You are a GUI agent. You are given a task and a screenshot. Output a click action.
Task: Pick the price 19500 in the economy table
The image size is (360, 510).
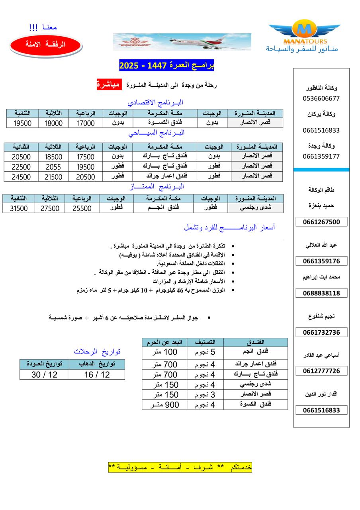(x=23, y=123)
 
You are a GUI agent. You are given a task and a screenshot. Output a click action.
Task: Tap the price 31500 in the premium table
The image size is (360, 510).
(x=19, y=208)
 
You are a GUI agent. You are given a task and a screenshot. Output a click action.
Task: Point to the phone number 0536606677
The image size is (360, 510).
(x=321, y=98)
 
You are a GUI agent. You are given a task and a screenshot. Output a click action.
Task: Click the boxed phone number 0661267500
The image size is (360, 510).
(x=321, y=222)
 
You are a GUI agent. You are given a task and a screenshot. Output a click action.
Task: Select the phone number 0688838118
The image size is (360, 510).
(x=321, y=293)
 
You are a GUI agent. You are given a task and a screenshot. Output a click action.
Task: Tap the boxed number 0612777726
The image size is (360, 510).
(x=321, y=371)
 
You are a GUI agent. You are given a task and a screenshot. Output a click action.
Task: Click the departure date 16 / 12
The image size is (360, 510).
(x=97, y=375)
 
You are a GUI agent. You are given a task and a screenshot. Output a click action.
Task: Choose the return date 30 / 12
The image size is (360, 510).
(x=44, y=375)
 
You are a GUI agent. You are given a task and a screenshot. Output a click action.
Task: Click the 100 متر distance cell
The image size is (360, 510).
(x=164, y=352)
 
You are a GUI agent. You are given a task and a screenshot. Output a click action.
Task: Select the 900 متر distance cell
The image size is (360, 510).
(x=164, y=405)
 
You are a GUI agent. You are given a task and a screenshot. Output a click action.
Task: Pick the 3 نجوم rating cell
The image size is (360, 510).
(x=205, y=394)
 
